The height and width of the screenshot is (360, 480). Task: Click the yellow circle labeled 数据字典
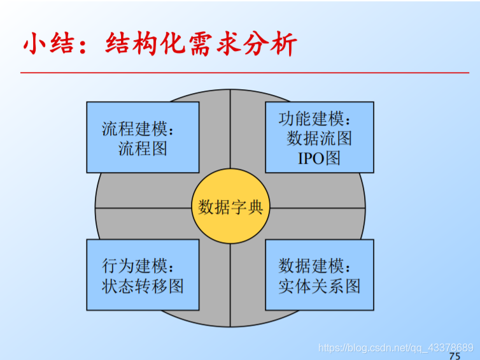click(230, 207)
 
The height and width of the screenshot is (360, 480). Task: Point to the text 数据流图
click(319, 138)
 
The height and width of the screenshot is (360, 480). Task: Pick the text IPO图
click(319, 157)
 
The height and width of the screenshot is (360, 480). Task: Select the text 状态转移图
click(143, 286)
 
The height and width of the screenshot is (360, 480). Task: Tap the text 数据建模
click(314, 266)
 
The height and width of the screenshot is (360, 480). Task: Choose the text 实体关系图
click(319, 286)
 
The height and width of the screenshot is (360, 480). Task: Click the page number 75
click(455, 356)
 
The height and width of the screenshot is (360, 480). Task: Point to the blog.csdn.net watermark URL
click(395, 347)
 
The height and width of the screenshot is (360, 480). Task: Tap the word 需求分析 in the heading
click(242, 44)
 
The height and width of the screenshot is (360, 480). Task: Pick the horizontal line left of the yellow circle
click(143, 208)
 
